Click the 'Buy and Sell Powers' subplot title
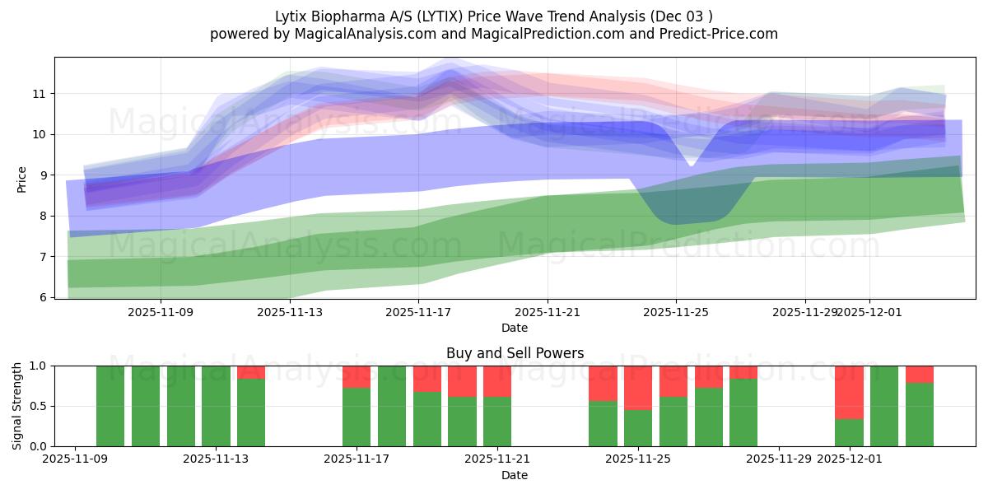click(x=515, y=353)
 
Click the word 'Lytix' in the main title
click(x=293, y=16)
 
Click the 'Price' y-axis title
click(x=22, y=179)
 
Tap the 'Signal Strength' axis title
click(x=17, y=405)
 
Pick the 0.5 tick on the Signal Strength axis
click(x=39, y=406)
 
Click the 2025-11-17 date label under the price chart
click(x=418, y=312)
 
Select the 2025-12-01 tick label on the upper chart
click(x=869, y=312)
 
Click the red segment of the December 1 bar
click(x=849, y=392)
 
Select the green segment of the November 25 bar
click(x=638, y=428)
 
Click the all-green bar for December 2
click(x=884, y=406)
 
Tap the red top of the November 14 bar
click(x=251, y=372)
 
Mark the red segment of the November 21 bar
click(x=497, y=381)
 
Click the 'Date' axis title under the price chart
click(x=515, y=328)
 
